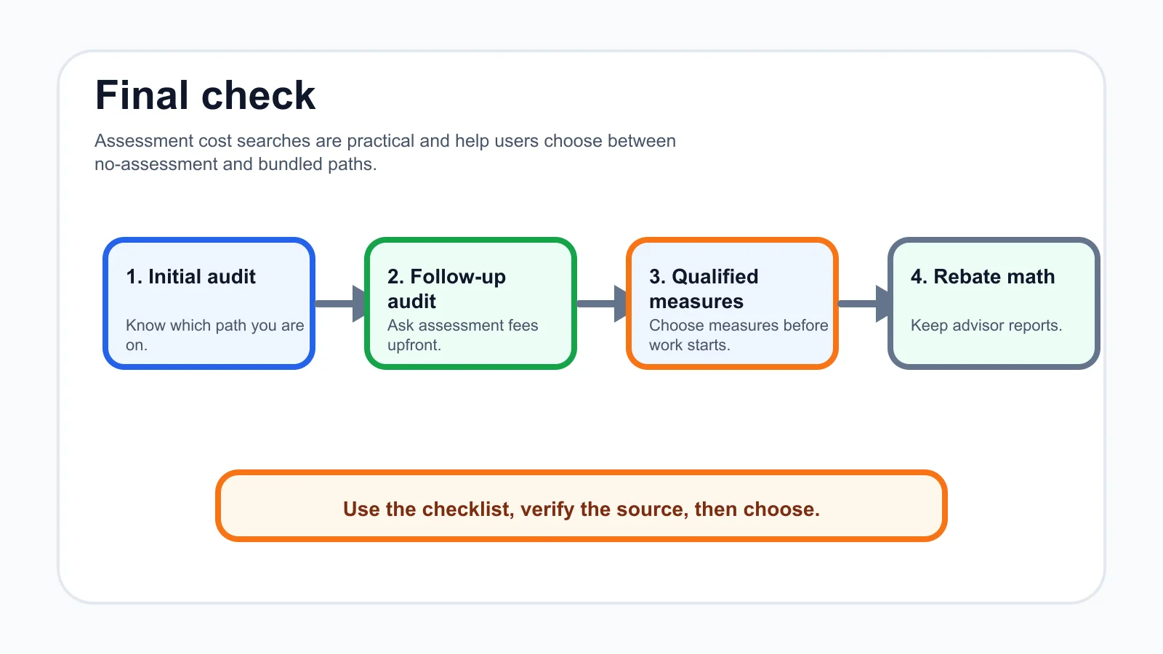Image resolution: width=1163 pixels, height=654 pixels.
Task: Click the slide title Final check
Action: click(x=205, y=95)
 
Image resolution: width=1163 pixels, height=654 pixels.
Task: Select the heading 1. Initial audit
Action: click(x=190, y=277)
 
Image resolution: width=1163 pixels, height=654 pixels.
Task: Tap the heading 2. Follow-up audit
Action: click(x=446, y=288)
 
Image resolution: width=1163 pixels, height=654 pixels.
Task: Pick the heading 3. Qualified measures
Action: click(x=704, y=288)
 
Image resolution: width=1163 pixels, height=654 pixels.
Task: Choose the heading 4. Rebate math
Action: click(x=983, y=277)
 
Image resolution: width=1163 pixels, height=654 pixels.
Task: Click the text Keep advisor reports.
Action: click(x=986, y=326)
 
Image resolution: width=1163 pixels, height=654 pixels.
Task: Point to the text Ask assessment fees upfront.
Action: click(x=462, y=335)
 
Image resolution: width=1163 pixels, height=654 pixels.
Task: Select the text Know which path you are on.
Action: click(x=215, y=335)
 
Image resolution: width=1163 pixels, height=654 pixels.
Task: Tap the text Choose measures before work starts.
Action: click(x=739, y=335)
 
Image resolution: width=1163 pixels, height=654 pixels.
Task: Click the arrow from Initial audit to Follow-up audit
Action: click(x=340, y=304)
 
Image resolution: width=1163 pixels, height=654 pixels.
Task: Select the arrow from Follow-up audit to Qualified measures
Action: click(x=602, y=304)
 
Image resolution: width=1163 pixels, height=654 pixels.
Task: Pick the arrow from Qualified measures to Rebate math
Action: click(x=864, y=304)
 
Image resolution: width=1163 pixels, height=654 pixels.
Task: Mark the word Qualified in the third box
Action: click(x=715, y=277)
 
